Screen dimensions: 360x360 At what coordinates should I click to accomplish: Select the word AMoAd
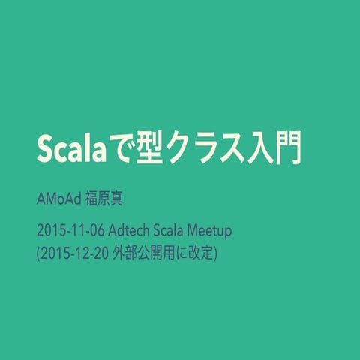tap(58, 202)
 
